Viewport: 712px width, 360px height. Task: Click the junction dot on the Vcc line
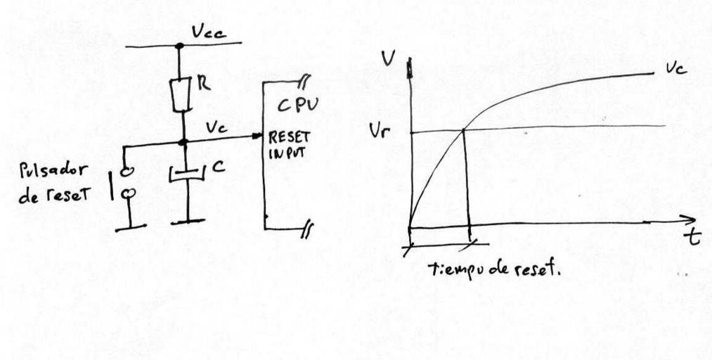[x=180, y=46]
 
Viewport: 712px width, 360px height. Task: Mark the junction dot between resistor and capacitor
[x=182, y=142]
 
